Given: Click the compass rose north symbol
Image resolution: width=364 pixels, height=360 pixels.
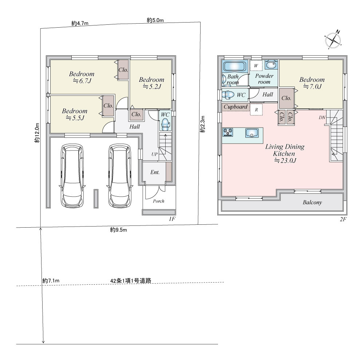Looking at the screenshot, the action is [333, 40].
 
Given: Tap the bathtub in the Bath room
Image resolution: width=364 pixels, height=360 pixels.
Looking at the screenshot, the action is [234, 66].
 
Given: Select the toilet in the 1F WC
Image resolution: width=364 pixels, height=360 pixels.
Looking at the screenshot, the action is [165, 124].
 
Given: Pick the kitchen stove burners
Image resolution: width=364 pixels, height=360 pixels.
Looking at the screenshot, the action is [227, 132].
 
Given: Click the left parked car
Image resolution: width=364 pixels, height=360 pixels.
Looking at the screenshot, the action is [72, 176].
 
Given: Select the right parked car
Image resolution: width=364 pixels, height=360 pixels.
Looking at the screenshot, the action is [120, 176].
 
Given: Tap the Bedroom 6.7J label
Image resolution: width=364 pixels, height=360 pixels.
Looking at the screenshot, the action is [82, 77].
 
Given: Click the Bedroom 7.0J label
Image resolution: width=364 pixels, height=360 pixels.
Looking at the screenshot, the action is [312, 83].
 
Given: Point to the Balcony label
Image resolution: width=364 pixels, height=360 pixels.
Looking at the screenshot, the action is [312, 203].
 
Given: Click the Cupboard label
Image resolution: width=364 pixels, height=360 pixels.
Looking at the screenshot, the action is [236, 107].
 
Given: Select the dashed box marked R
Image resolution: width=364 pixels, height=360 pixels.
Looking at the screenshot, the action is [256, 110].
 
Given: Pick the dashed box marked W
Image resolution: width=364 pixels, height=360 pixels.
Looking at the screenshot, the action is [256, 66].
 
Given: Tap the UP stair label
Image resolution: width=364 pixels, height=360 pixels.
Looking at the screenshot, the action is [154, 154].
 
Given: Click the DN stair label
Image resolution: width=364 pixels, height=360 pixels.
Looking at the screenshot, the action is [322, 117].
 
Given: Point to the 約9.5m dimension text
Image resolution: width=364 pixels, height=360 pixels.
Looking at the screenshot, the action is [118, 230].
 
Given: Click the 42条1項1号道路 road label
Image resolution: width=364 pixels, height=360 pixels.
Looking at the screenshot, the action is [131, 280].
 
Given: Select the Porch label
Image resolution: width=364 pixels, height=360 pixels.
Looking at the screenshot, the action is [159, 201].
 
